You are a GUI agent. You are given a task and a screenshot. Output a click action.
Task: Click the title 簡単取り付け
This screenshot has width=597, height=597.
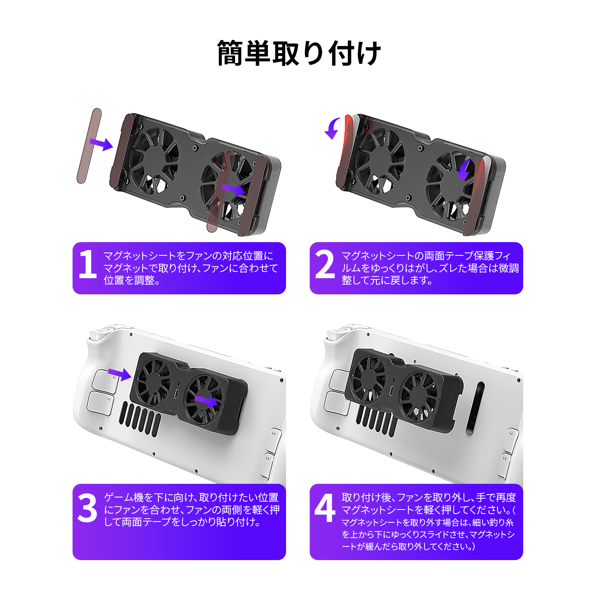pyautogui.click(x=298, y=53)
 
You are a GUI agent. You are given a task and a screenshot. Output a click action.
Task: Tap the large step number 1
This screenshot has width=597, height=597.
pyautogui.click(x=87, y=264)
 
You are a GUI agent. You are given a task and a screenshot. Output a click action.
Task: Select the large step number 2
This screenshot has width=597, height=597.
pyautogui.click(x=325, y=264)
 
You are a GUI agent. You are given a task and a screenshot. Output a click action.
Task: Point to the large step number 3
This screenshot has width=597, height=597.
pyautogui.click(x=87, y=508)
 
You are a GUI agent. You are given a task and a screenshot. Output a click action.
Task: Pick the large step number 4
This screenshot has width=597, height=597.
pyautogui.click(x=325, y=508)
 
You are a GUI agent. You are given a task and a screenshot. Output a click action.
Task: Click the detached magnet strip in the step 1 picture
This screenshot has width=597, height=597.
pyautogui.click(x=89, y=146)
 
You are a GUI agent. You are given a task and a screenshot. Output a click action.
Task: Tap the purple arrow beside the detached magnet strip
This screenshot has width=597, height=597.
pyautogui.click(x=102, y=144)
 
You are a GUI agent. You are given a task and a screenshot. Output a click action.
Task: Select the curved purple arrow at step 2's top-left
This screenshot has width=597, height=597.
pyautogui.click(x=333, y=128)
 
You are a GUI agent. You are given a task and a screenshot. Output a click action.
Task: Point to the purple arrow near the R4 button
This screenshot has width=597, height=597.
pyautogui.click(x=120, y=374)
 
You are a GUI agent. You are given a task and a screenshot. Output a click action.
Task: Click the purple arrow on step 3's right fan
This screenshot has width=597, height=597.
pyautogui.click(x=206, y=401)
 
